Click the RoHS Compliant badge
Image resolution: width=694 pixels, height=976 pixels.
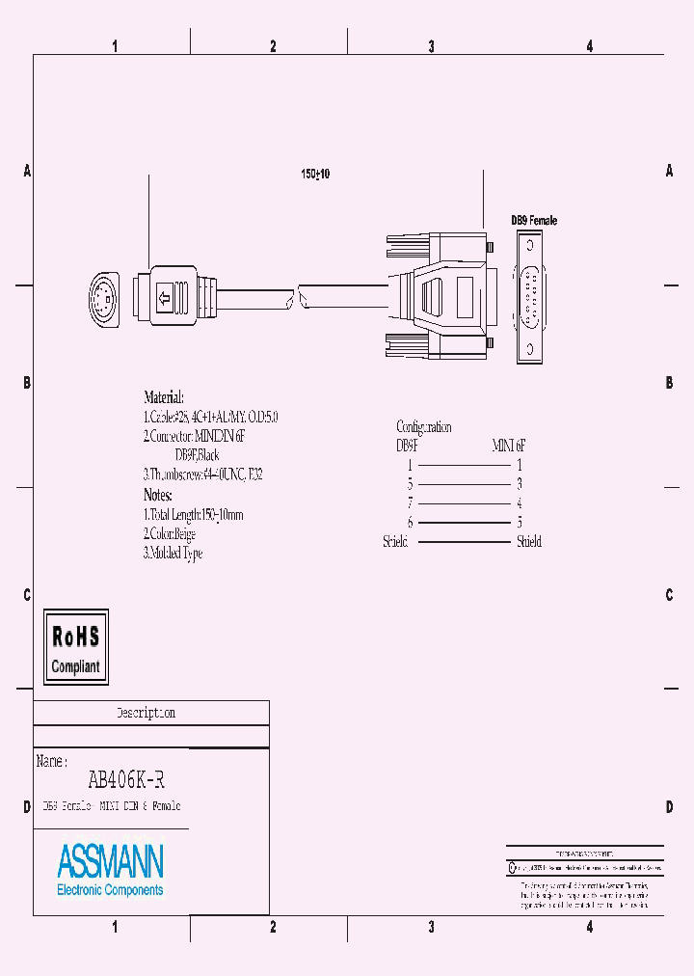76,647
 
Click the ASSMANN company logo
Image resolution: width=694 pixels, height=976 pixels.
110,868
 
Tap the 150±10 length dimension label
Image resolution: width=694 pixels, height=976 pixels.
315,175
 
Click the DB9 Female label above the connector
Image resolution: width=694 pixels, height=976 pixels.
533,221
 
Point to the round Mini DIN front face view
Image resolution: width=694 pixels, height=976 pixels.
105,299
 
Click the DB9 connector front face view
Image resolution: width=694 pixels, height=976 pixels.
530,299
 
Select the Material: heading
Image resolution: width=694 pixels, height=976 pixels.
163,397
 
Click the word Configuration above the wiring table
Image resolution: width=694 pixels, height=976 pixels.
423,427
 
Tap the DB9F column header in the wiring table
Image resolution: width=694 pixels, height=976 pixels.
408,446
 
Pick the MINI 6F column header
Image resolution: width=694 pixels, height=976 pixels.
509,446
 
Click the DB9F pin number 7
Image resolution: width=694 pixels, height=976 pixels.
409,503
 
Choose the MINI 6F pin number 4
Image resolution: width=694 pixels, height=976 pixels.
520,503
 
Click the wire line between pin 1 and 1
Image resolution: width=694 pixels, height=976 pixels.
464,465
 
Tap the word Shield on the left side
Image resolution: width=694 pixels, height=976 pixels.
395,542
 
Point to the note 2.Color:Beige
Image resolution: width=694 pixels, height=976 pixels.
170,533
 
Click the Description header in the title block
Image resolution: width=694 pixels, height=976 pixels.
146,714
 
